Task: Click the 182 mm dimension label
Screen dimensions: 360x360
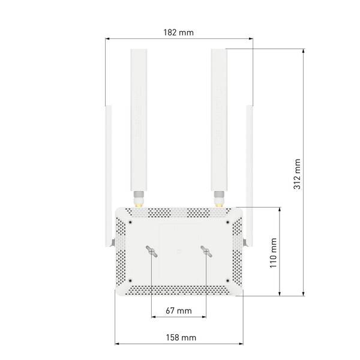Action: coord(178,32)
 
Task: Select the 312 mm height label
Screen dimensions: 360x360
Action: coord(297,174)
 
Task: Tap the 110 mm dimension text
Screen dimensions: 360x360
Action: coord(273,253)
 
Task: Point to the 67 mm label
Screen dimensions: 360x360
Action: coord(179,311)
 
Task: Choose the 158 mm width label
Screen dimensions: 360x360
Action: coord(181,337)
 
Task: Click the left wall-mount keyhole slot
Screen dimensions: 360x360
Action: coord(152,251)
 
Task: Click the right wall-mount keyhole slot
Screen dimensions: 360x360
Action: coord(206,251)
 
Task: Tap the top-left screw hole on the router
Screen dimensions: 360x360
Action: coord(130,222)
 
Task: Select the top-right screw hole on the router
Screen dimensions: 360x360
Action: coord(228,222)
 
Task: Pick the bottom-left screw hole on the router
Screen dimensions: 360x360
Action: coord(130,280)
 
